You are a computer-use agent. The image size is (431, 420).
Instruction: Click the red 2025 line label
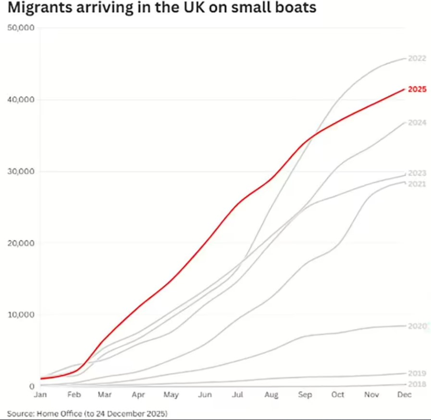pos(417,89)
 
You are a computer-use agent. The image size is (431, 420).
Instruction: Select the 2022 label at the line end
pos(417,59)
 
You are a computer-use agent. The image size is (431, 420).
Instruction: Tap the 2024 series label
pos(417,122)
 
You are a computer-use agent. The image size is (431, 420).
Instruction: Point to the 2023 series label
pos(417,173)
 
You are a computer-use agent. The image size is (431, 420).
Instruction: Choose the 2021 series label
pos(417,184)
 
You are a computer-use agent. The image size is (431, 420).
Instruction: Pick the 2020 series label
pos(417,326)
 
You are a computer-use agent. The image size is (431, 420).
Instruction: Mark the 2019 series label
pos(417,373)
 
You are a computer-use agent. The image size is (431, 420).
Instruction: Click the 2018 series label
pos(417,384)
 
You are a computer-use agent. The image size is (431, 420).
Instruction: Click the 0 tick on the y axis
pos(31,386)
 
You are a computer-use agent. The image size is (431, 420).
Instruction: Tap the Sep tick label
pos(305,395)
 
